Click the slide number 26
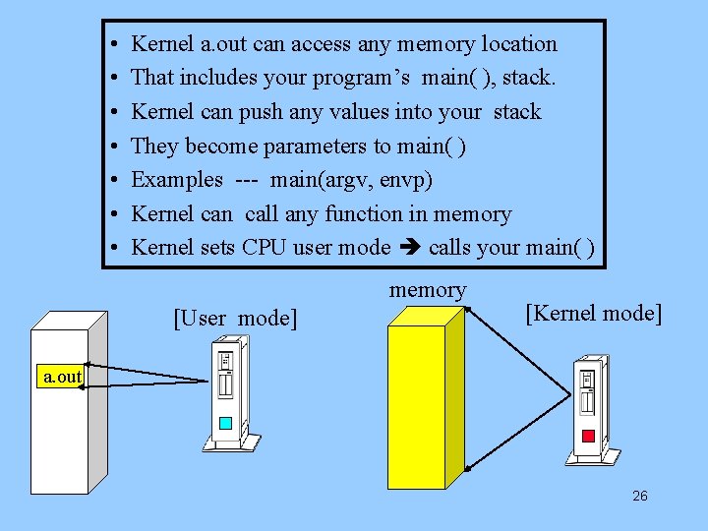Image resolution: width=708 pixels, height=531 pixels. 639,496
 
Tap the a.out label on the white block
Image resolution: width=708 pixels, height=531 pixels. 62,377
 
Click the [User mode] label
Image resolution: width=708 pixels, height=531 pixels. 233,318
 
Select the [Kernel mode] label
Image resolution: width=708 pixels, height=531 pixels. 593,313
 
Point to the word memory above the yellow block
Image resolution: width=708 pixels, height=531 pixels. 428,290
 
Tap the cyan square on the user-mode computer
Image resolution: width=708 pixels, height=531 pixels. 225,424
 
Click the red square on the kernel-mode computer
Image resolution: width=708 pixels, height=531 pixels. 588,436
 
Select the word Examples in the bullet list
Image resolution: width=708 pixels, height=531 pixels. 177,180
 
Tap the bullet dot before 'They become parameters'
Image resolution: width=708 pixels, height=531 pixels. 115,147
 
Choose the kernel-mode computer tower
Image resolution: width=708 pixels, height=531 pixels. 590,403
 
